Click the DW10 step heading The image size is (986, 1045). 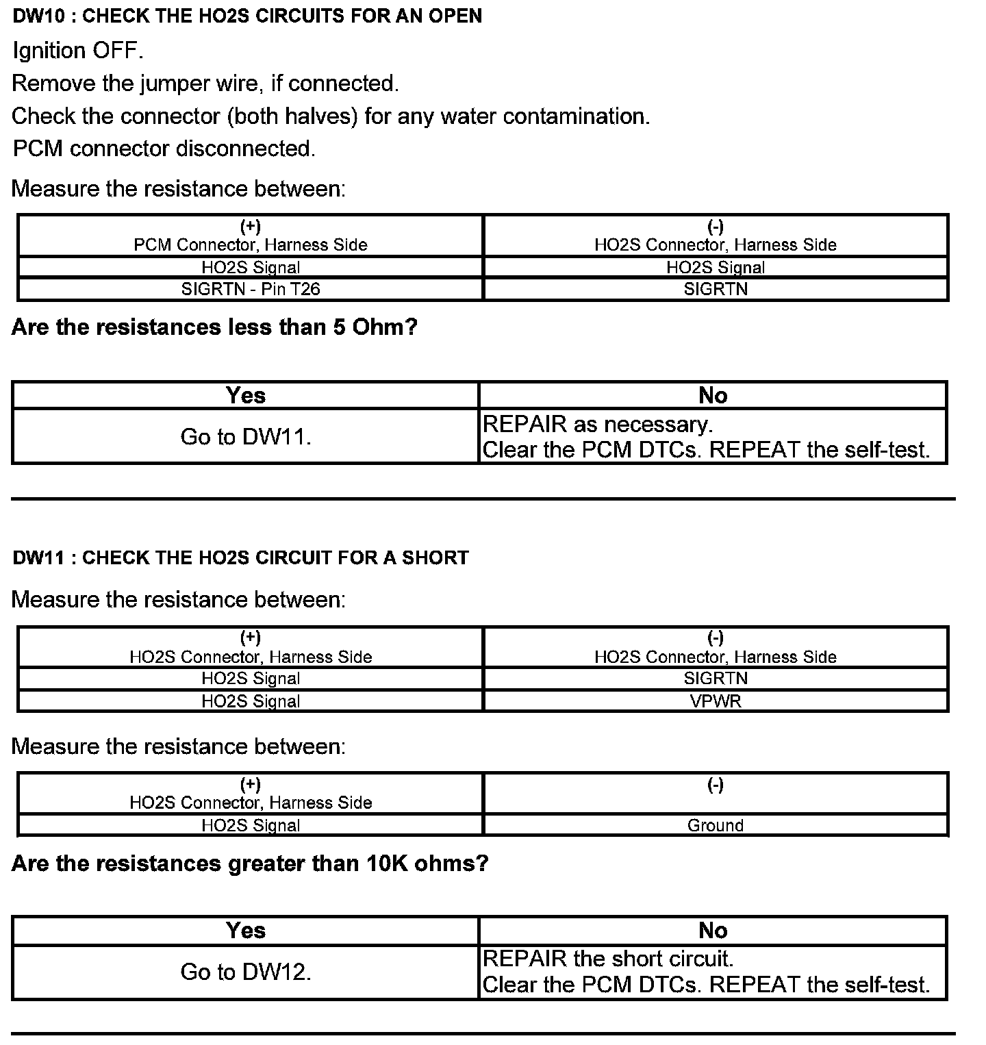point(247,16)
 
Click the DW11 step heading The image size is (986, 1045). point(240,557)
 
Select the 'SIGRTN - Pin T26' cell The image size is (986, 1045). point(251,289)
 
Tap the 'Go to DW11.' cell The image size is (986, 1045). point(246,437)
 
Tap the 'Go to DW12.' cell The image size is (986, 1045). point(246,972)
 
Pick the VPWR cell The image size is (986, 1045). point(716,701)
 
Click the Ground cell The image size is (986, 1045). point(716,825)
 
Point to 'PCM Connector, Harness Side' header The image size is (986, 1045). point(251,244)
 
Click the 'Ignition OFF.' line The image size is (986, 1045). point(78,50)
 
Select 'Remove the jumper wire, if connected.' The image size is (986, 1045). point(205,84)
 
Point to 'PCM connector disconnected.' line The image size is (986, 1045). point(164,149)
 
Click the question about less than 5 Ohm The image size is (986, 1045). point(214,327)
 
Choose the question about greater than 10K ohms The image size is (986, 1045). point(250,864)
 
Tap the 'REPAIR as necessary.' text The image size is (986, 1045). point(598,425)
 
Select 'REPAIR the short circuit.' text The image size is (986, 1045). point(608,959)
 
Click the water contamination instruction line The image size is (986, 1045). point(331,116)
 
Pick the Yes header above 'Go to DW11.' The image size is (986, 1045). point(246,395)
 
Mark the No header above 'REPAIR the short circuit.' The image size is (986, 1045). point(713,930)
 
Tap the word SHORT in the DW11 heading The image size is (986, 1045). point(435,557)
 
